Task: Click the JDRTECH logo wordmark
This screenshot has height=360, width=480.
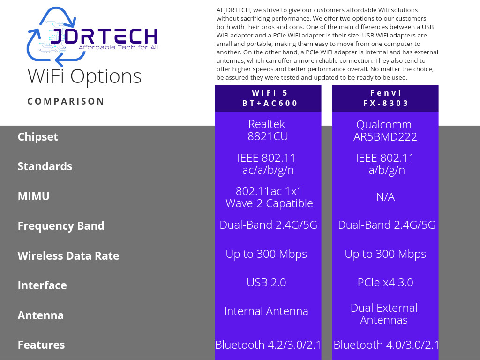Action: coord(104,36)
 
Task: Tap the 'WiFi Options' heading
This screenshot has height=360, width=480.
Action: coord(84,76)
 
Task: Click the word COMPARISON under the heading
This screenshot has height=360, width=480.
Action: coord(66,101)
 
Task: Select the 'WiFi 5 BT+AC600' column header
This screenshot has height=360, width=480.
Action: coord(268,98)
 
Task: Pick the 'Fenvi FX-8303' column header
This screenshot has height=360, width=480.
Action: coord(385,98)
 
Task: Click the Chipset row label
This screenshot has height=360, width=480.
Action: coord(37,137)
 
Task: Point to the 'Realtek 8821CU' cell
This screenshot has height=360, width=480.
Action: coord(268,130)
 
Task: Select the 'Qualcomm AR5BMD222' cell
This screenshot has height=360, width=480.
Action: coord(385,130)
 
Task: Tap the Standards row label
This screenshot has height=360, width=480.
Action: coord(45,166)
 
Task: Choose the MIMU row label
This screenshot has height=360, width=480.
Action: coord(34,196)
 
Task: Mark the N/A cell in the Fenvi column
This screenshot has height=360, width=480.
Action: coord(385,197)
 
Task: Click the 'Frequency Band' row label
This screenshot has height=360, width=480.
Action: coord(61,226)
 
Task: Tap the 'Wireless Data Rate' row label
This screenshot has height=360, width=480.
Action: coord(68,255)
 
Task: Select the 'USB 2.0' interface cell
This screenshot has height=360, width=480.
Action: coord(266,283)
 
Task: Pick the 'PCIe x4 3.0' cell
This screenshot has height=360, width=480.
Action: coord(385,283)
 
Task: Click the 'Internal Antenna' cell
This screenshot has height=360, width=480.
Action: coord(266,311)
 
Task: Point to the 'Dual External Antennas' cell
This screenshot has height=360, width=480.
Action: coord(384,314)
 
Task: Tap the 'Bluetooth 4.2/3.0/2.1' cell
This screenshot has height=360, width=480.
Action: coord(268,345)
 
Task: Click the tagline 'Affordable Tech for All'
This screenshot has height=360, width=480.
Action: coord(118,47)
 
